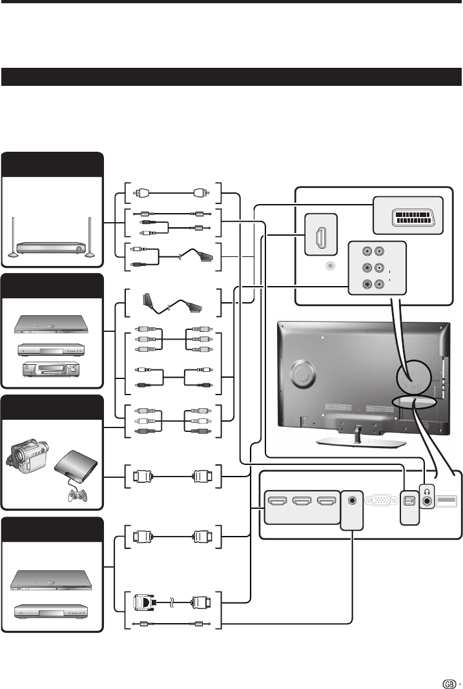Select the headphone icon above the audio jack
tap(427, 491)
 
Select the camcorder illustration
tap(27, 456)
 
